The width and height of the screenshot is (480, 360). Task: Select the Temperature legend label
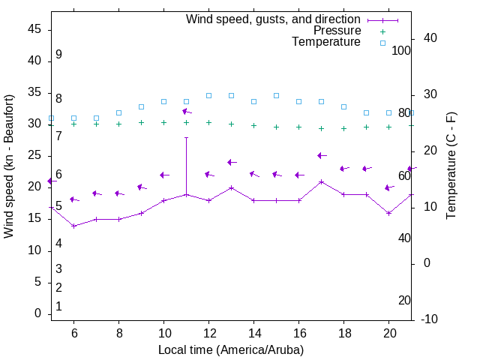[x=326, y=42]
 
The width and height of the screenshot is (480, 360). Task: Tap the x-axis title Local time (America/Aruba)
[x=231, y=349]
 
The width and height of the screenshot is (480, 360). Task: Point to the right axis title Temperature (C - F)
[x=451, y=166]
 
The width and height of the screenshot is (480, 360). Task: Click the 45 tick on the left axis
[x=34, y=29]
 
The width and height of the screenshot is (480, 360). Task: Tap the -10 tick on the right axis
[x=431, y=319]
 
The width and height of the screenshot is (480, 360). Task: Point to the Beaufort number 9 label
[x=58, y=55]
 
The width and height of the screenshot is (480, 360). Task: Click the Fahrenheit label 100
[x=402, y=50]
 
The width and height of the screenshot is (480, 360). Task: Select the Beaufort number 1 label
[x=58, y=306]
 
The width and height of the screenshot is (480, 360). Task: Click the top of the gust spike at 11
[x=187, y=137]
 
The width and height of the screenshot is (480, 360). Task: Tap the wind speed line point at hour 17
[x=322, y=181]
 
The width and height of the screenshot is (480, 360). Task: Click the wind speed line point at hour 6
[x=74, y=226]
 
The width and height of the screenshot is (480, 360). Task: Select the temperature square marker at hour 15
[x=277, y=95]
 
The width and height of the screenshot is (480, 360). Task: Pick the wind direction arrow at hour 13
[x=232, y=162]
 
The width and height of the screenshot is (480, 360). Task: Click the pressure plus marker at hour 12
[x=209, y=122]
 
